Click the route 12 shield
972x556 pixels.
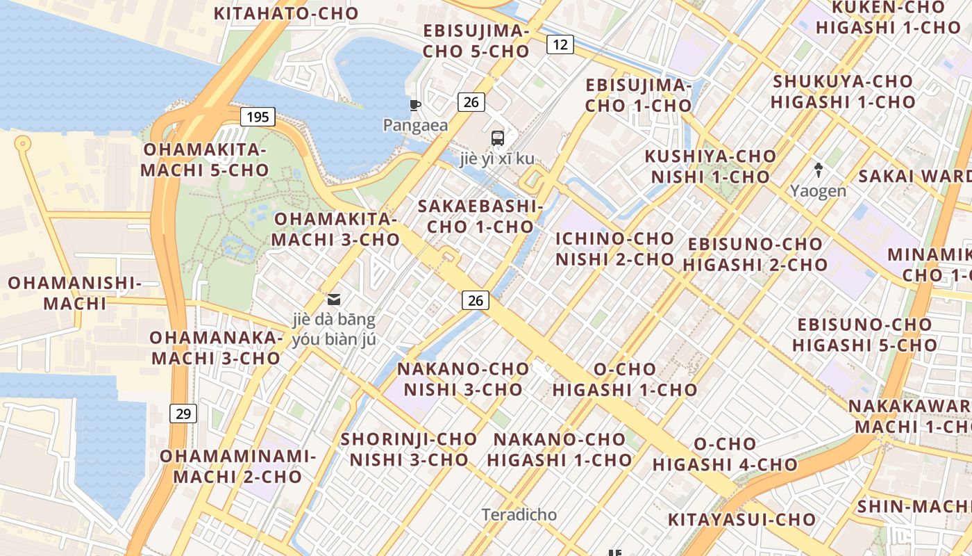coord(560,45)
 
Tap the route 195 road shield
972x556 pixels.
coord(258,117)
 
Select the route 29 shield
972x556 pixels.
coord(183,414)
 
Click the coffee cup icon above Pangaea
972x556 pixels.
coord(415,106)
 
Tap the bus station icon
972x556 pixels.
coord(498,138)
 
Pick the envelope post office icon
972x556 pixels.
coord(334,300)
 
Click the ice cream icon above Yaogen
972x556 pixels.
coord(819,169)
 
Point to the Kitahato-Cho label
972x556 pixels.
coord(286,13)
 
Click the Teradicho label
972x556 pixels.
coord(519,514)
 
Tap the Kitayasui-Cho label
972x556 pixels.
coord(741,519)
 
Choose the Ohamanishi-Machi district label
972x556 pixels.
coord(75,293)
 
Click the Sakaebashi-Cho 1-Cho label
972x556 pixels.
coord(480,216)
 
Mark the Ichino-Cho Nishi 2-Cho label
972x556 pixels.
coord(615,249)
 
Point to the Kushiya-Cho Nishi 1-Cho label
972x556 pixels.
coord(710,166)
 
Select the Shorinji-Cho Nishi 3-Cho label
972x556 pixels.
coord(409,449)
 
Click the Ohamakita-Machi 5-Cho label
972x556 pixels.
coord(205,160)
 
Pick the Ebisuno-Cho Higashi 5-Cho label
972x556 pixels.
coord(864,334)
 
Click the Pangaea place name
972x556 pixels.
coord(415,125)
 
